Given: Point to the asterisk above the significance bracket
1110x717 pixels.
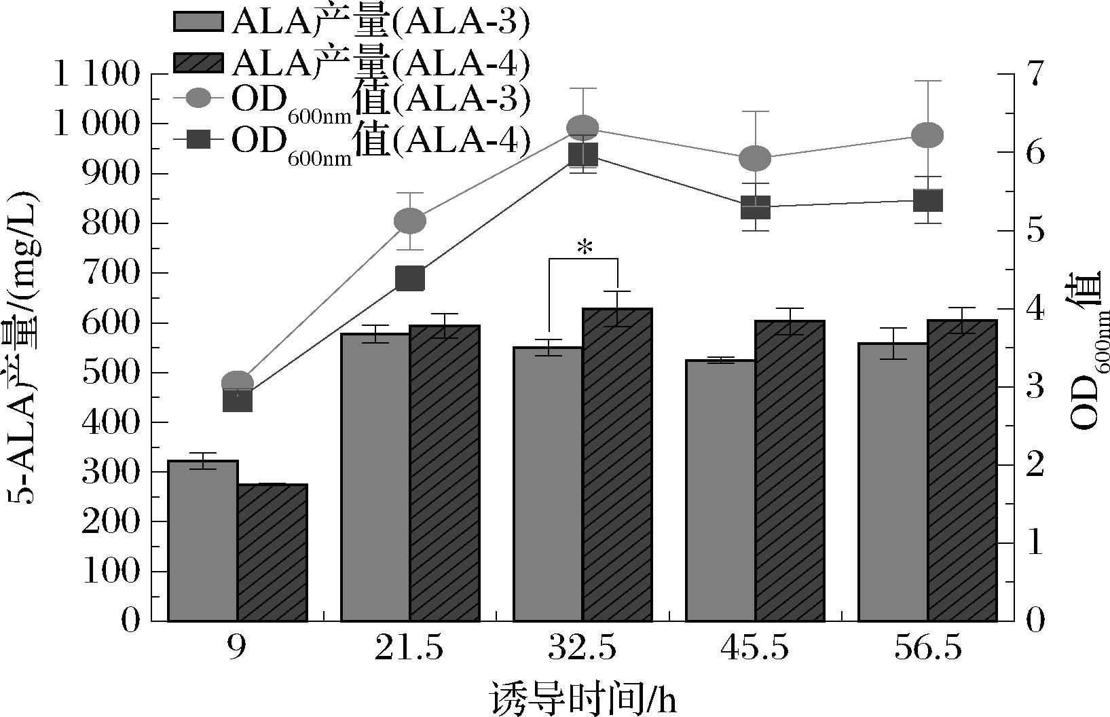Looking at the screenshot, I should coord(584,249).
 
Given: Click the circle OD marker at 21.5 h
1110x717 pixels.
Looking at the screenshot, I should coord(409,221).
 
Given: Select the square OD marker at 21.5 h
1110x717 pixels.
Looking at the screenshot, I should coord(409,278).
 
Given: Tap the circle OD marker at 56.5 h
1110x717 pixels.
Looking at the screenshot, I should coord(927,135).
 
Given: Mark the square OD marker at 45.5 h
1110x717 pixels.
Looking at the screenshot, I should coord(755,207).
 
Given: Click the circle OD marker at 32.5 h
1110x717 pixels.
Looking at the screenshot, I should coord(582,128).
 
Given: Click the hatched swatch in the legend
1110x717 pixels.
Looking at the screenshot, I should coord(198,62).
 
